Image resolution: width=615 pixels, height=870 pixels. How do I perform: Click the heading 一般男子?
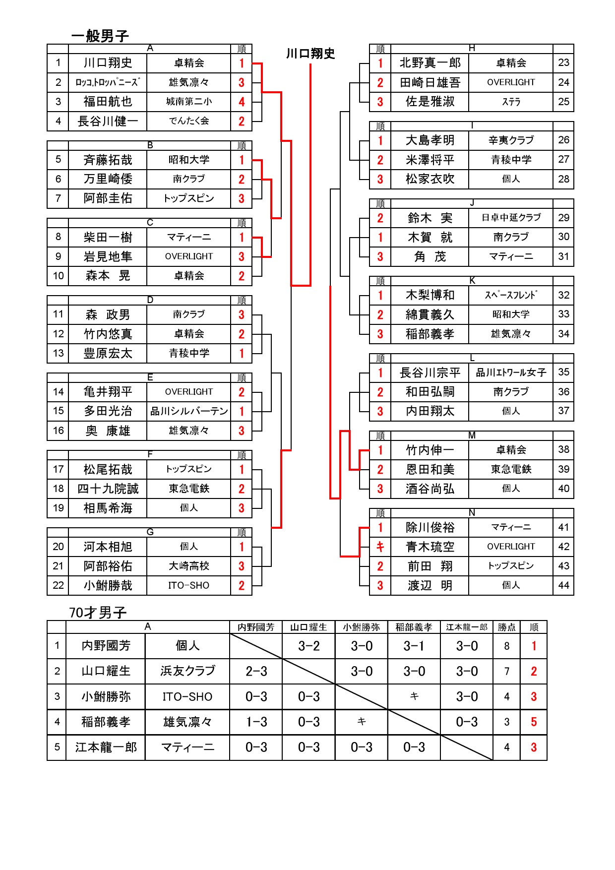[100, 36]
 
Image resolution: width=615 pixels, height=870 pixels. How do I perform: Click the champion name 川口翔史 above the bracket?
[310, 54]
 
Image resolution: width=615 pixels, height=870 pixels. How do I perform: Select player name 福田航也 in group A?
[108, 102]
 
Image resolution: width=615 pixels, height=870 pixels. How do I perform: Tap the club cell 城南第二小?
[189, 102]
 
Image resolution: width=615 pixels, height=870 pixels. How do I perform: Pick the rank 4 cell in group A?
[242, 102]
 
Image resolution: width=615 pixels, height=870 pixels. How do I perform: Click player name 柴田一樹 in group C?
[108, 238]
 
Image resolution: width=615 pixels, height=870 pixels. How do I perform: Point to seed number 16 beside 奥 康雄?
[59, 431]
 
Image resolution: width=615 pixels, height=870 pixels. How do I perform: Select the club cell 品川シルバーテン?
[189, 411]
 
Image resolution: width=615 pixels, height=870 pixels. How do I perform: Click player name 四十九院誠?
[108, 489]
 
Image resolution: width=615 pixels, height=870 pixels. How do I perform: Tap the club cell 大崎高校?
[189, 566]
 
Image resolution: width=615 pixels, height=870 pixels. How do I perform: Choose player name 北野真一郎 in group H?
[430, 62]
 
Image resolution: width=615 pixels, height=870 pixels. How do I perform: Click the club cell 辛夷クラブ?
[511, 140]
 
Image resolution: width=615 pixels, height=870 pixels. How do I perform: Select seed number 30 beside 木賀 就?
[563, 237]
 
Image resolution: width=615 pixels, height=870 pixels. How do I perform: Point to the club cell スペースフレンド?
[511, 295]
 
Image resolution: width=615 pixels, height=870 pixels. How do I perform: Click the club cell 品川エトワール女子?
[511, 373]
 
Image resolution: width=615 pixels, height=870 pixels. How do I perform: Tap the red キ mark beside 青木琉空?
[380, 547]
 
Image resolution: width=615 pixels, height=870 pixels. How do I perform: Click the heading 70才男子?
[98, 613]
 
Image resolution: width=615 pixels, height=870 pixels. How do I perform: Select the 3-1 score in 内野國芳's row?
[414, 646]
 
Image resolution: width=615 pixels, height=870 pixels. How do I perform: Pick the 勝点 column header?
[506, 627]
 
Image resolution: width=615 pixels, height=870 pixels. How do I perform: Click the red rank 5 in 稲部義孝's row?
[534, 722]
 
